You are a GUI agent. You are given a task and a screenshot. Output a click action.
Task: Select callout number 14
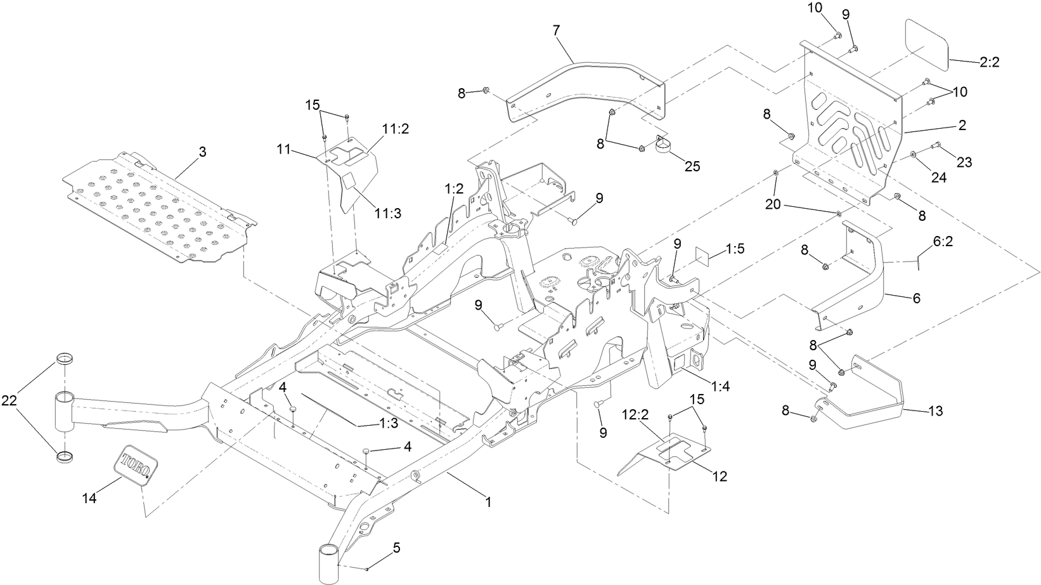coord(89,499)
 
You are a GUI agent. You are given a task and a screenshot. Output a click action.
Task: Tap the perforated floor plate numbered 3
coord(158,209)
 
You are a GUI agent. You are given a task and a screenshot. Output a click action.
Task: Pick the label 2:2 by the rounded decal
coord(989,62)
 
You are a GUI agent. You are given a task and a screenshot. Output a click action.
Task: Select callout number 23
coord(964,162)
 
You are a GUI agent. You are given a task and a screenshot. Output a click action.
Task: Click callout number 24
coord(938,178)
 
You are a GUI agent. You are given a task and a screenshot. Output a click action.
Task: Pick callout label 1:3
coord(371,423)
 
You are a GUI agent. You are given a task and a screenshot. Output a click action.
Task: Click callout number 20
coord(773,206)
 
